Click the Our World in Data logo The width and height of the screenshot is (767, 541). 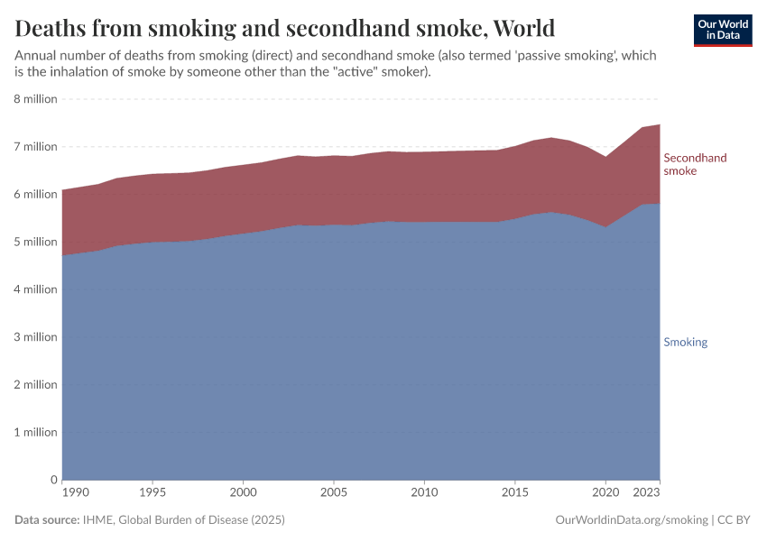(x=722, y=30)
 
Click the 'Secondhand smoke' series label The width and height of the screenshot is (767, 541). (x=695, y=164)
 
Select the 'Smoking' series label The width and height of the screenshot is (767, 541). (x=685, y=343)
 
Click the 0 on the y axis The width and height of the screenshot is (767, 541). (x=54, y=480)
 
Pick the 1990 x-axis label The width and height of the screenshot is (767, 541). (x=76, y=492)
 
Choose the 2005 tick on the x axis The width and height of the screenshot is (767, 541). (x=334, y=492)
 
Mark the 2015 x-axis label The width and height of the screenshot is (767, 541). (x=515, y=492)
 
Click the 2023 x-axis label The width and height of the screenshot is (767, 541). (x=645, y=492)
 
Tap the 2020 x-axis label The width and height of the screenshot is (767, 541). (x=605, y=492)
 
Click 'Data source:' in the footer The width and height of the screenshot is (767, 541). (x=47, y=520)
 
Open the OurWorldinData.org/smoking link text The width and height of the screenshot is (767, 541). (x=632, y=520)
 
